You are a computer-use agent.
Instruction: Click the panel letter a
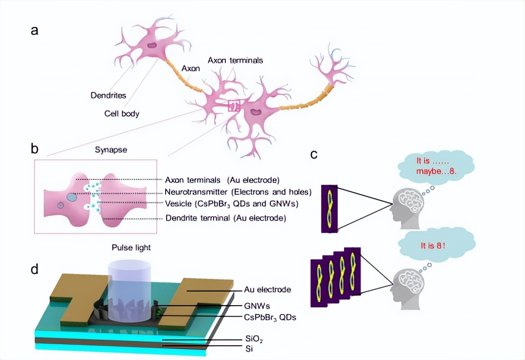point(34,30)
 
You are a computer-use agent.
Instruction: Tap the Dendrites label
point(108,95)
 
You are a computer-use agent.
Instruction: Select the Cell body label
point(122,113)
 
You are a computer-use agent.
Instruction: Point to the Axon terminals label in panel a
point(235,60)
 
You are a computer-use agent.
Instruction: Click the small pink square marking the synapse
point(234,105)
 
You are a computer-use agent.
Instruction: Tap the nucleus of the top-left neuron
point(153,45)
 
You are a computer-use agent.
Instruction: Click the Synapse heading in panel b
point(110,150)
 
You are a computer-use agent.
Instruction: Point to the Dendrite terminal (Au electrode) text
point(225,218)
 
